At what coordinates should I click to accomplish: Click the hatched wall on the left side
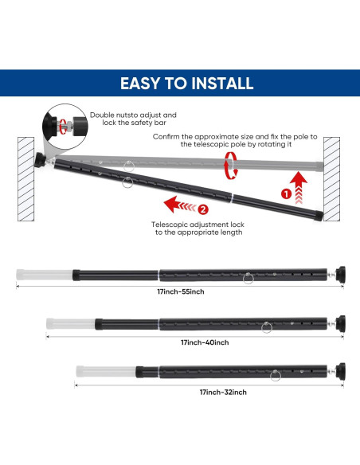27,181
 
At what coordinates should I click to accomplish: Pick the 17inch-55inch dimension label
180,291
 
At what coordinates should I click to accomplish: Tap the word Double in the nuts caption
104,115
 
